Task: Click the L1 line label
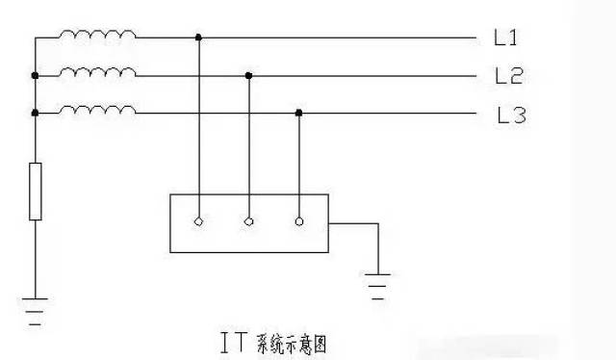coord(505,39)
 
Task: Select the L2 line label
coord(507,75)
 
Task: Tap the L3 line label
coord(510,116)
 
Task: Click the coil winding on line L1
coord(97,37)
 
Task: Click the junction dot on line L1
coord(199,39)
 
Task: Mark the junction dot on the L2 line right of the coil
coord(249,74)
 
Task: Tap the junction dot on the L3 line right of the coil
coord(299,113)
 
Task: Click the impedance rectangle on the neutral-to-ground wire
coord(36,192)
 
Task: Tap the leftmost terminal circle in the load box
coord(199,222)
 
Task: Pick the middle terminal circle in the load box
coord(249,222)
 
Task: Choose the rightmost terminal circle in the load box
coord(299,222)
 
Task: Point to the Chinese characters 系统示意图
coord(293,342)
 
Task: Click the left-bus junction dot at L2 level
coord(36,74)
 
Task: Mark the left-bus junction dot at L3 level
coord(36,113)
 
